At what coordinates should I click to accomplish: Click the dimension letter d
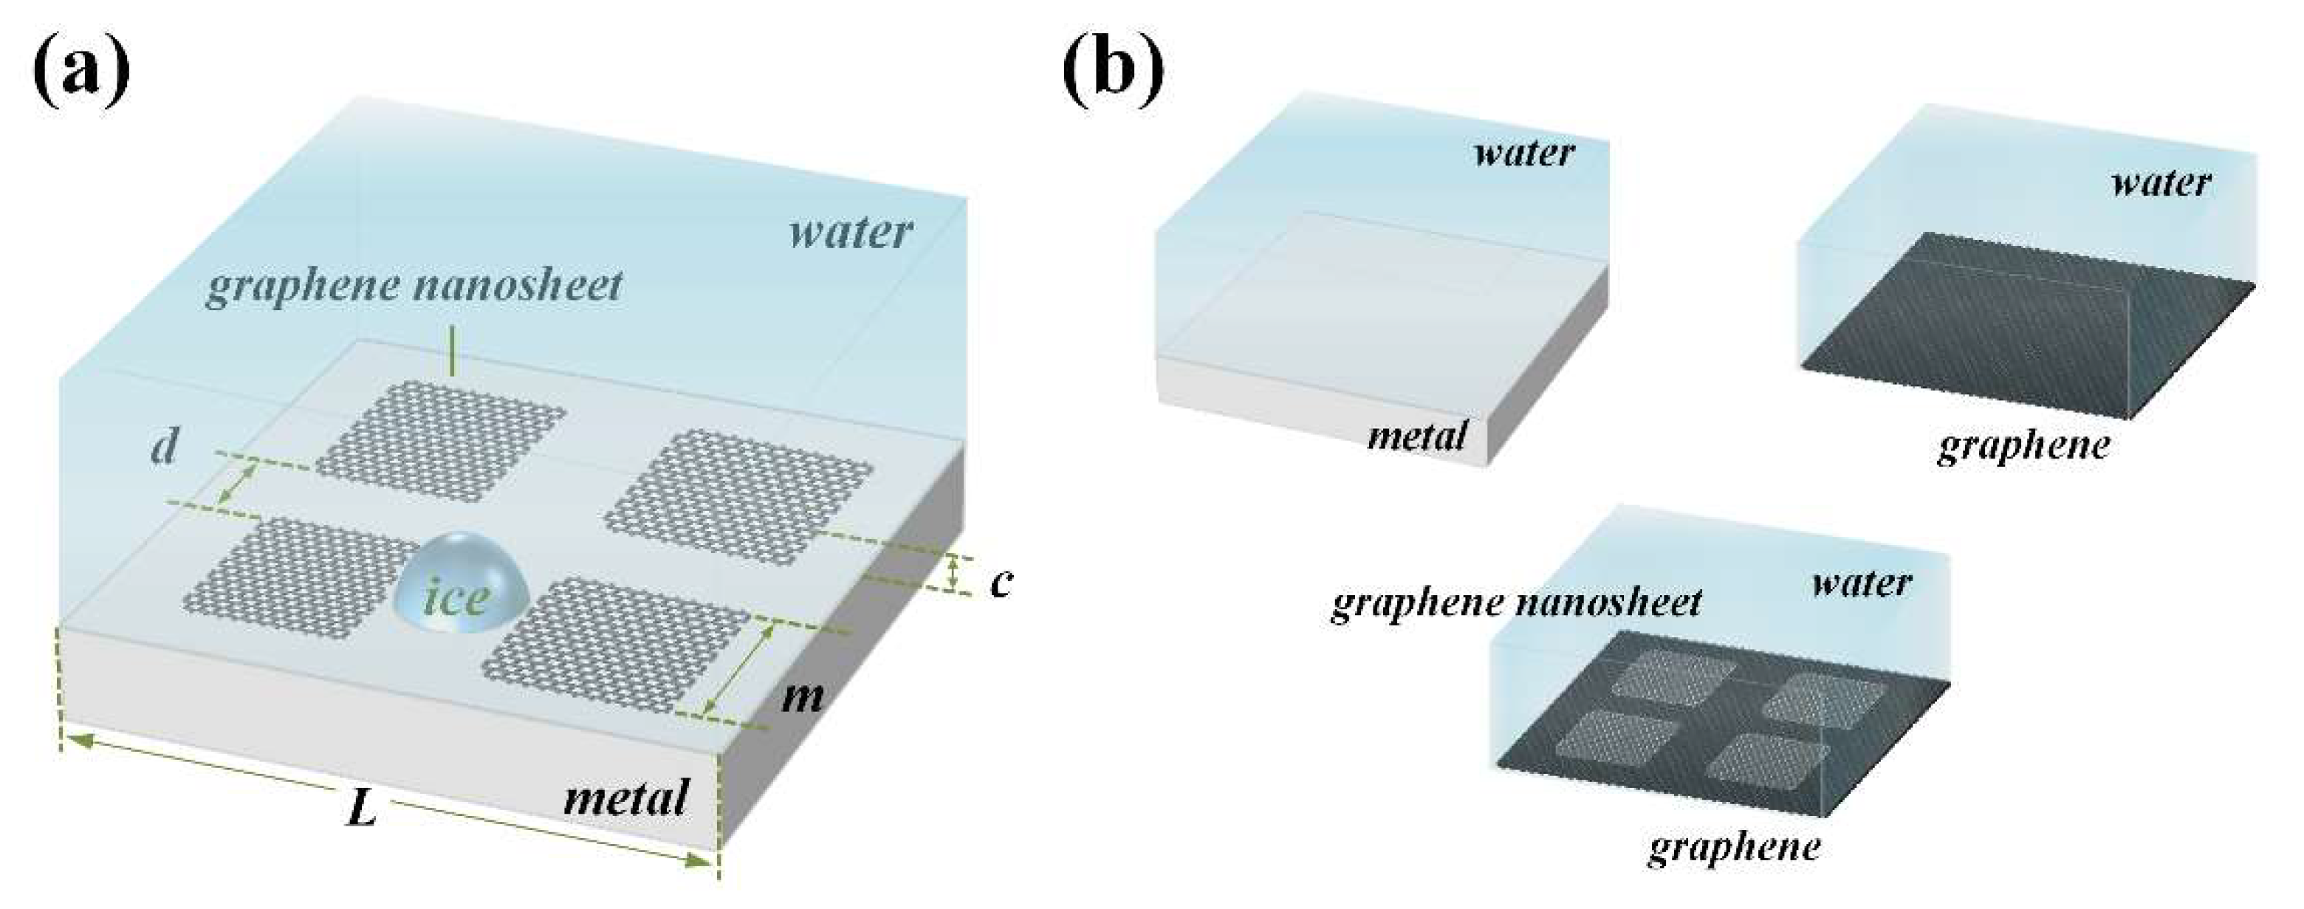click(164, 447)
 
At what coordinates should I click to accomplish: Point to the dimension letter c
click(1001, 582)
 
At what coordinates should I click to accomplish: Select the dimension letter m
click(801, 695)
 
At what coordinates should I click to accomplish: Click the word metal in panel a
click(626, 796)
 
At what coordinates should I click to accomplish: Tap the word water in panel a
click(850, 233)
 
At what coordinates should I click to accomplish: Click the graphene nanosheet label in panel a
click(414, 287)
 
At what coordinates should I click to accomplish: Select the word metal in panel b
click(1418, 436)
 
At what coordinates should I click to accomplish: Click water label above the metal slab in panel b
click(1523, 153)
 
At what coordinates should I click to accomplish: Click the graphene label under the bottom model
click(1733, 846)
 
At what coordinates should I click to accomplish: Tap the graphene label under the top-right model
click(2023, 445)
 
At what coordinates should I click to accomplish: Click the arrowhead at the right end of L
click(699, 862)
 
